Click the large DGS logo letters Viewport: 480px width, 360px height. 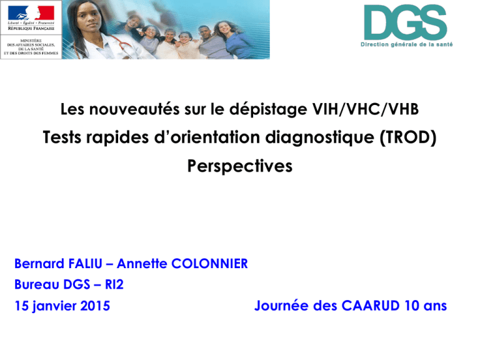[x=405, y=22]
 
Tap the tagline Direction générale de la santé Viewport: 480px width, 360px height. [x=406, y=44]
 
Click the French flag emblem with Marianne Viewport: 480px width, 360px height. [x=31, y=13]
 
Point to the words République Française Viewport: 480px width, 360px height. [x=31, y=28]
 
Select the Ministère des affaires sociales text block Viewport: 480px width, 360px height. [x=31, y=47]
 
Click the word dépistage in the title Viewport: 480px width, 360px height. [x=268, y=110]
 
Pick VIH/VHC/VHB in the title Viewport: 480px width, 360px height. [x=365, y=109]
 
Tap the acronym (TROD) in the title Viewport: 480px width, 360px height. [x=407, y=137]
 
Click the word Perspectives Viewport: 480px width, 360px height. [x=240, y=166]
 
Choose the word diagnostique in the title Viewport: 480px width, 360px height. [x=319, y=137]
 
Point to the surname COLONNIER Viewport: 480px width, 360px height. [x=209, y=264]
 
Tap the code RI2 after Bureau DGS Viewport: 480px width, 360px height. [x=114, y=284]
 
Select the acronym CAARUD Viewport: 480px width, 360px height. [x=371, y=306]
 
